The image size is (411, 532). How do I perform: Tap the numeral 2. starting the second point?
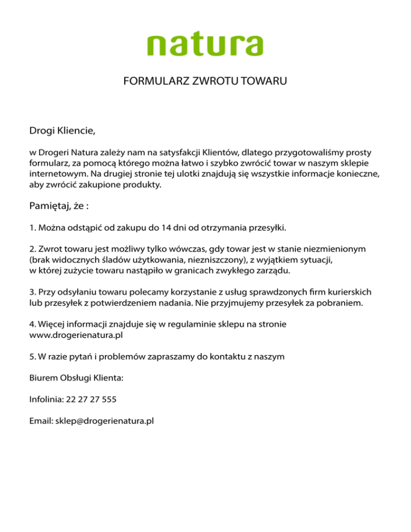[x=33, y=249]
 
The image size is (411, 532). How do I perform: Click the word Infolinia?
[x=47, y=399]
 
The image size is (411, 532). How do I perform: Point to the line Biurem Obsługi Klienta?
[x=76, y=378]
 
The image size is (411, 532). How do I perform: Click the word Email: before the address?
[x=41, y=421]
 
